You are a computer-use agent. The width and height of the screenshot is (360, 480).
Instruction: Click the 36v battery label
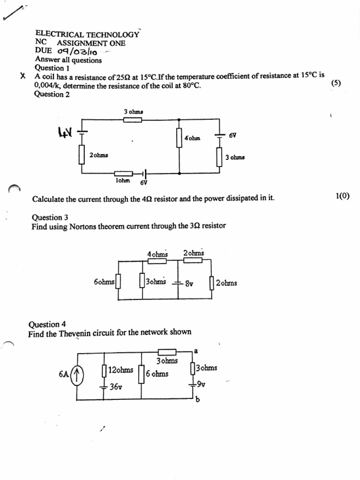pos(116,387)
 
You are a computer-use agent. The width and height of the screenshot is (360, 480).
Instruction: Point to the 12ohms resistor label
pos(120,370)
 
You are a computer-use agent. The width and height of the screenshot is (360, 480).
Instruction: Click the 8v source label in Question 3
pos(190,284)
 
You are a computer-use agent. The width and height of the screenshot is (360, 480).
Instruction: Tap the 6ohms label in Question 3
pos(104,283)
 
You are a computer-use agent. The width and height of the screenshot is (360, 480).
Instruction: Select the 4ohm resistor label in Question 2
pos(192,139)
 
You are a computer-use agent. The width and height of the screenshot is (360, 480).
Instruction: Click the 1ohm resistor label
pos(122,180)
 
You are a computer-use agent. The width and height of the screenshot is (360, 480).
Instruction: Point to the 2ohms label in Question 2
pos(98,155)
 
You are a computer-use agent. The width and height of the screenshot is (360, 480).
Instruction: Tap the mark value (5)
pos(336,83)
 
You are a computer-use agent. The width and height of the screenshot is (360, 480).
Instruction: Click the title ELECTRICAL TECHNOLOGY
pos(87,34)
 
